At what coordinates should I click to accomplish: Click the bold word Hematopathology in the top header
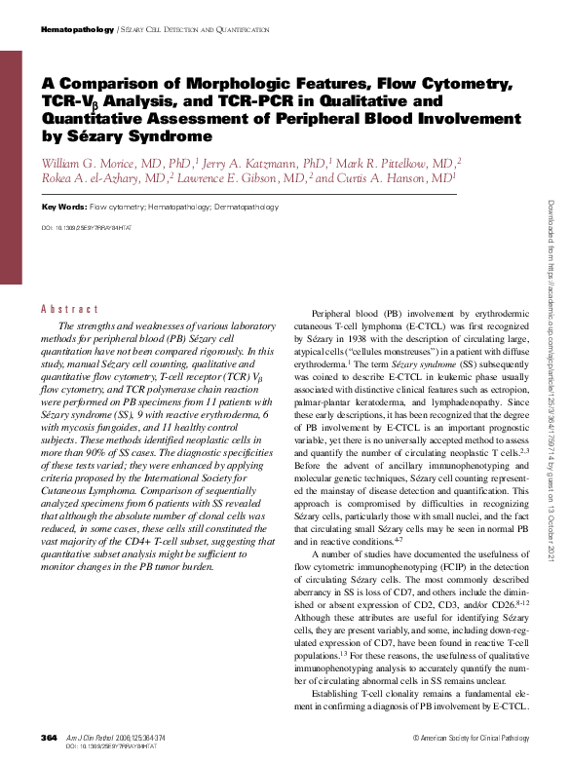[x=77, y=30]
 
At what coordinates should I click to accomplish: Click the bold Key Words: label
[x=63, y=208]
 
